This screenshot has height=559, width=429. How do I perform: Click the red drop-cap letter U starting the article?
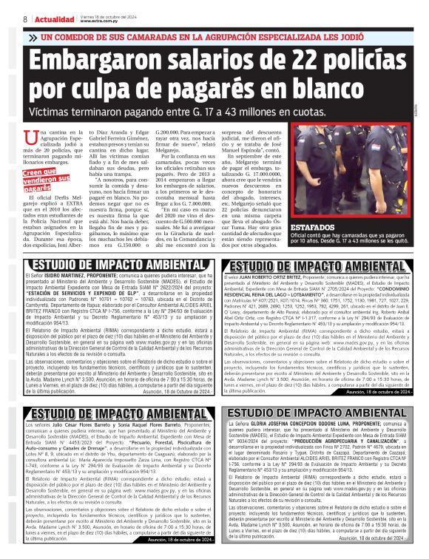(x=30, y=136)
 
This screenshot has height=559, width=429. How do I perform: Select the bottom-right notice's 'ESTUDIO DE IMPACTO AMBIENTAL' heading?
(x=320, y=411)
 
